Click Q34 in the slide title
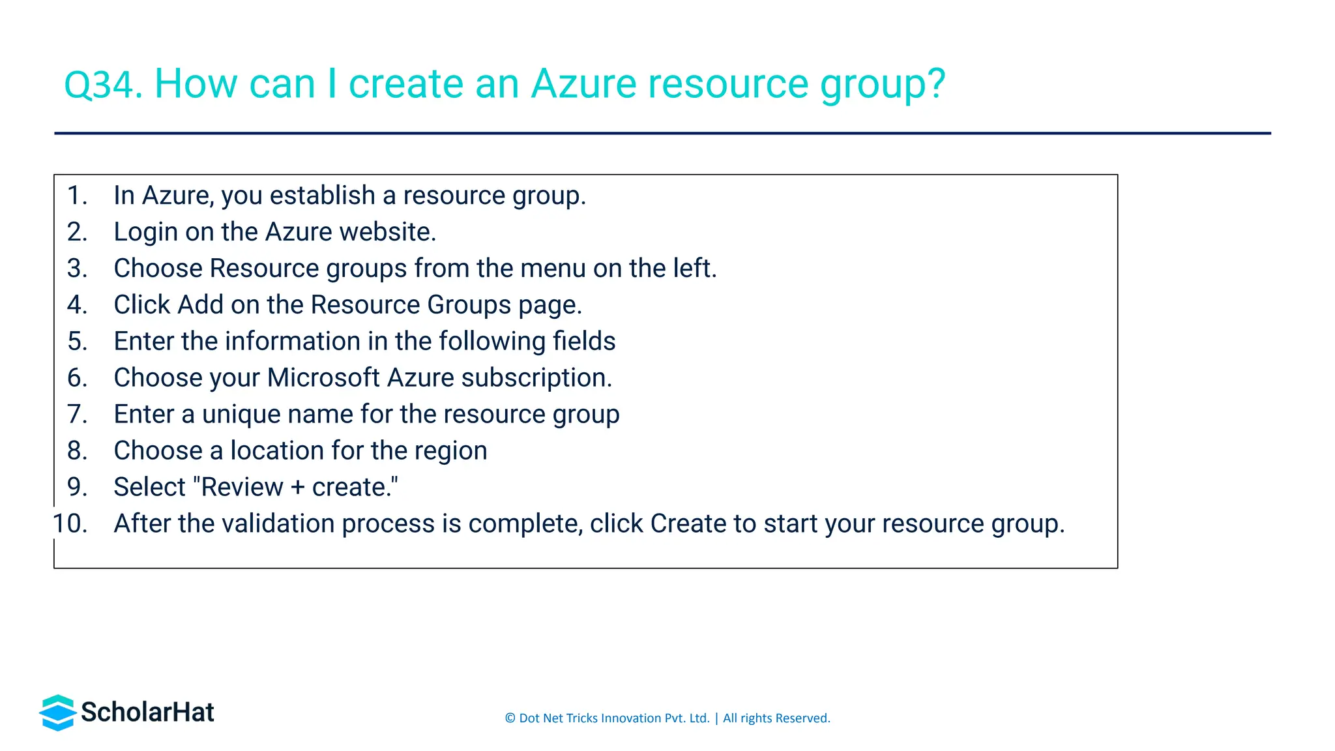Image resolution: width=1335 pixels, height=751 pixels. pos(102,85)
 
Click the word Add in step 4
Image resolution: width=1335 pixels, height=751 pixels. pos(200,305)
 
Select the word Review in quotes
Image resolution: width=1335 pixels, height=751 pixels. pos(242,488)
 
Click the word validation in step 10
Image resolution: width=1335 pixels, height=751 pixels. pos(278,524)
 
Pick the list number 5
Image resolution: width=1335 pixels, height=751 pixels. pos(76,342)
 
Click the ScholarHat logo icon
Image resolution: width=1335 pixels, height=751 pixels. pos(57,713)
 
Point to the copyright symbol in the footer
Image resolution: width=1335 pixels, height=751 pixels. pos(510,718)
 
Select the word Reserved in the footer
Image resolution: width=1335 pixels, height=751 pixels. pos(802,718)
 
